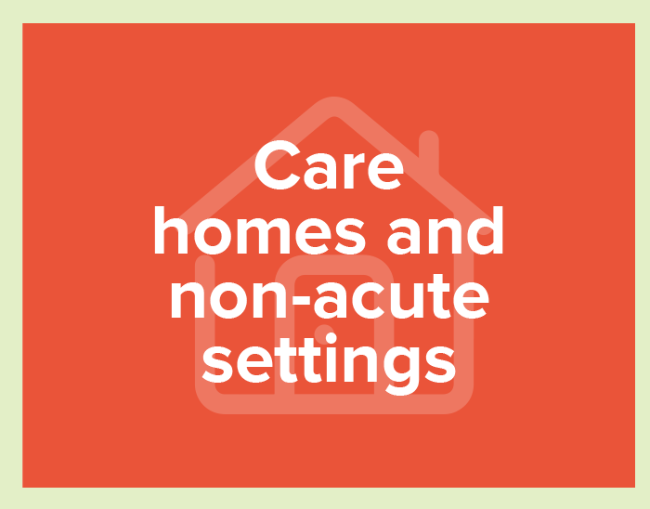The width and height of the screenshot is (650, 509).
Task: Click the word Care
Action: tap(329, 165)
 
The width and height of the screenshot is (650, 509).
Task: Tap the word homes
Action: tap(260, 230)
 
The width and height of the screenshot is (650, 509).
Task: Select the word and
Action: tap(445, 230)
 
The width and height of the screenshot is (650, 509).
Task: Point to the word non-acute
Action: tap(330, 295)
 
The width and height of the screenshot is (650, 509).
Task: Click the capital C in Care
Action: tap(278, 165)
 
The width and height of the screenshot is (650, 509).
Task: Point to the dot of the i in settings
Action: tap(331, 339)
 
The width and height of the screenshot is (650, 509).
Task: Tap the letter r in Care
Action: tap(353, 171)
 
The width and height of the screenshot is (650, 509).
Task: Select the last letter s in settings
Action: tap(441, 364)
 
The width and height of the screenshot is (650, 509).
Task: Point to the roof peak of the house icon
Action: tap(334, 107)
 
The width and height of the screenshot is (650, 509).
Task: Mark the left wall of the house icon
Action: tap(205, 323)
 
